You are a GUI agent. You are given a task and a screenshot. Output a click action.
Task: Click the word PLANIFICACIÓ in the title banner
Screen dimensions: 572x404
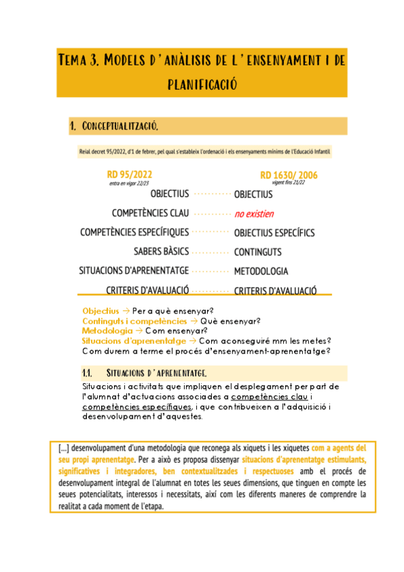(x=202, y=84)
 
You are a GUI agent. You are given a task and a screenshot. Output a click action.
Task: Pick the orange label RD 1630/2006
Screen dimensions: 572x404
(x=289, y=175)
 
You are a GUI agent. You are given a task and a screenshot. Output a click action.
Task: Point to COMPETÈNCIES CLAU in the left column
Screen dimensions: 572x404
(x=150, y=213)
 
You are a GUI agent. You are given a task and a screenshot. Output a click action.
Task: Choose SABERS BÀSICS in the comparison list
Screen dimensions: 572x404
(x=161, y=252)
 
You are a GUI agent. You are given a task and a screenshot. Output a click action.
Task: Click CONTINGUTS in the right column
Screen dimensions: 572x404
(x=258, y=252)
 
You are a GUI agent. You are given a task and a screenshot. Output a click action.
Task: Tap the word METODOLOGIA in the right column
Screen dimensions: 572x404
(x=261, y=271)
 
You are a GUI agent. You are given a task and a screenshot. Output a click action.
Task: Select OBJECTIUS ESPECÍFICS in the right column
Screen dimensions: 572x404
(x=274, y=233)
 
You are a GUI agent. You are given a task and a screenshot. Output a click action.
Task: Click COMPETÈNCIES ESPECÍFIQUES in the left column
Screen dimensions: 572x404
(x=134, y=233)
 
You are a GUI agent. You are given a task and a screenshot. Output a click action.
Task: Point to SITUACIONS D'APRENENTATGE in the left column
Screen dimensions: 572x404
(x=134, y=271)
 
